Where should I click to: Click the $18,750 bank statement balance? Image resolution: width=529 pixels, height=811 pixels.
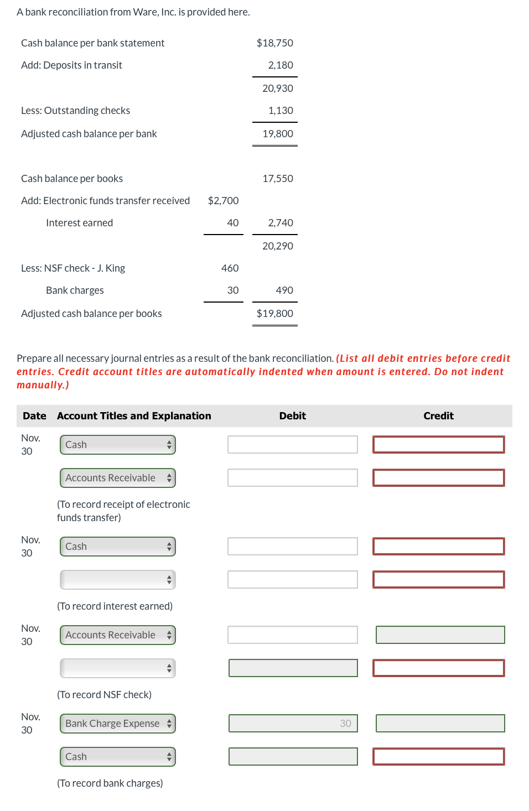(274, 43)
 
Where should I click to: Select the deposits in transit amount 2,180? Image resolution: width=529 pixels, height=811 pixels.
(281, 65)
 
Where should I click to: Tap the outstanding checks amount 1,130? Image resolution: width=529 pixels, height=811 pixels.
(281, 111)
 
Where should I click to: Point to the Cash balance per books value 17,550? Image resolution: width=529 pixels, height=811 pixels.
(278, 179)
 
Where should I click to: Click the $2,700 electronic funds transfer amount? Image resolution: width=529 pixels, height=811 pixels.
(223, 201)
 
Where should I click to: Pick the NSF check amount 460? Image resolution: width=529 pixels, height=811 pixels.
(230, 268)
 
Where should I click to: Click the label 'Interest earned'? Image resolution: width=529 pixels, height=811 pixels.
(79, 223)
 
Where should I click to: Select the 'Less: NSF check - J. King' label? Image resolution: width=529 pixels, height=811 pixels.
(73, 268)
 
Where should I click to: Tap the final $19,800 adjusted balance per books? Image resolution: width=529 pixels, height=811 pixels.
(274, 314)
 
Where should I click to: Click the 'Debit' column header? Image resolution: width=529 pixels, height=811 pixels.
(292, 416)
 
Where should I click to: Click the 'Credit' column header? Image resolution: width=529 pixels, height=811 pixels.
(438, 416)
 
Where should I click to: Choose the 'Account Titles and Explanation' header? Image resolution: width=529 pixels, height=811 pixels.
(134, 416)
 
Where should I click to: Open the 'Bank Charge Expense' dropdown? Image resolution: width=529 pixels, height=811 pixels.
(118, 724)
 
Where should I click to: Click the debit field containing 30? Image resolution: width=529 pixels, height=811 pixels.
(293, 724)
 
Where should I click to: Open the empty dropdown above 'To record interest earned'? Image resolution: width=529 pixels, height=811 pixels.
(118, 580)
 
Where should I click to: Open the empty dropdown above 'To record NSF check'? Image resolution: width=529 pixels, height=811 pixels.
(118, 668)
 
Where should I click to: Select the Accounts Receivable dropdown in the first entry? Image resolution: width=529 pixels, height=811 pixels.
(118, 478)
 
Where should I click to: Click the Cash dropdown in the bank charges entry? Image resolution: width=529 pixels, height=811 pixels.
(118, 757)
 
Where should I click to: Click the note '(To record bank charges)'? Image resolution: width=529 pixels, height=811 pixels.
(110, 783)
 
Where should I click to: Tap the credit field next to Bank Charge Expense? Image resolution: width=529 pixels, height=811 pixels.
(440, 724)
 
